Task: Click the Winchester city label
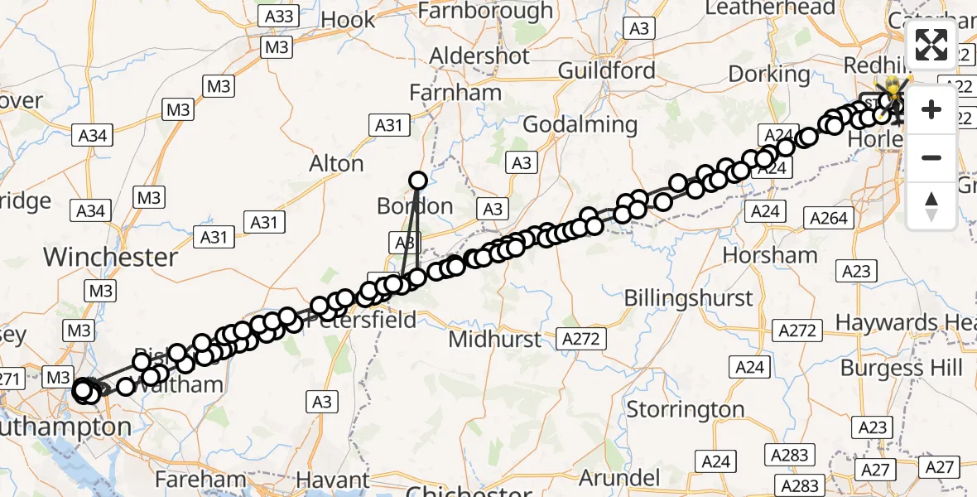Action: point(110,257)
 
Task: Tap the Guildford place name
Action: point(607,70)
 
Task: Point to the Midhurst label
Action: point(494,339)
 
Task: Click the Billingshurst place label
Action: point(688,298)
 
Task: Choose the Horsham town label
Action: point(769,254)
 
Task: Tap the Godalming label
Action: point(580,124)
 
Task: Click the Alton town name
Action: point(336,164)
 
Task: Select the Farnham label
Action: point(455,93)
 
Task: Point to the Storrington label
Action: point(686,409)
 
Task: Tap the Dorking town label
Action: point(769,74)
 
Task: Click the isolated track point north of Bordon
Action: point(417,181)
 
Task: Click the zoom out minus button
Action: point(931,157)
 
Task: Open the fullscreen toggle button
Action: point(931,46)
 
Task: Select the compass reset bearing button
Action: point(931,205)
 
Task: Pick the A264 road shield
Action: point(828,218)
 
